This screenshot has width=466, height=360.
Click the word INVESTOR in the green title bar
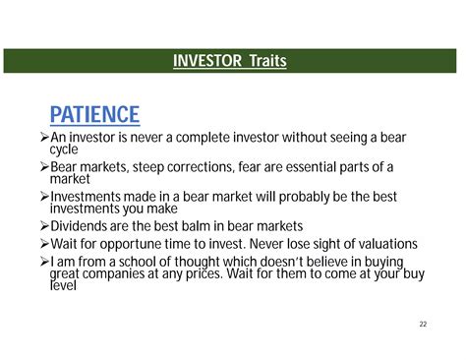[207, 62]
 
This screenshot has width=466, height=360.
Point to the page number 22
[423, 324]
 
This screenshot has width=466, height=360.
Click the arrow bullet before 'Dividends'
[43, 225]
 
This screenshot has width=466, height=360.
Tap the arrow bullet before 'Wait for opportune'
[43, 243]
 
